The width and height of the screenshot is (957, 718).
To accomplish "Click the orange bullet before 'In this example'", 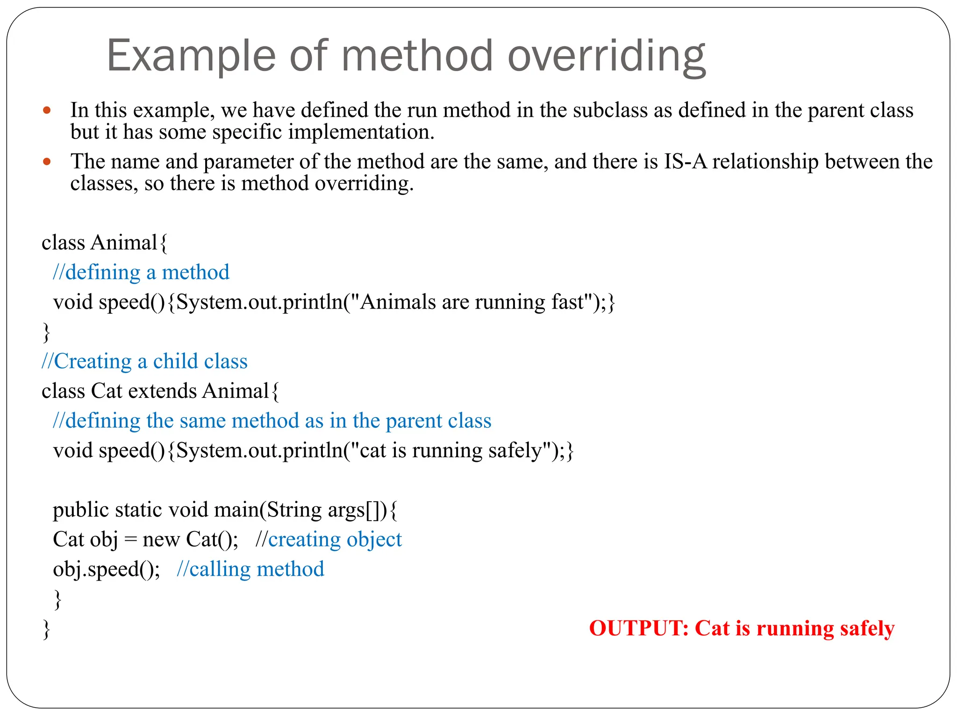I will (x=46, y=111).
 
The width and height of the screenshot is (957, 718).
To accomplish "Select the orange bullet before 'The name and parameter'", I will (x=46, y=162).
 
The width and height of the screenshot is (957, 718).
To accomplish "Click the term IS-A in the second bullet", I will (x=686, y=162).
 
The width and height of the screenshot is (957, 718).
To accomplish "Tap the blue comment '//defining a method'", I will (x=141, y=273).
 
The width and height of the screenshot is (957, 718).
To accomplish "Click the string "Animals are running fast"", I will (x=471, y=302).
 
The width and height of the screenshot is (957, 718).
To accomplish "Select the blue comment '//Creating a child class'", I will (x=144, y=361).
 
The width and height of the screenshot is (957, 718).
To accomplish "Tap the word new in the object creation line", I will (x=161, y=539).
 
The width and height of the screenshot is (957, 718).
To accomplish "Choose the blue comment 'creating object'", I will (x=335, y=539).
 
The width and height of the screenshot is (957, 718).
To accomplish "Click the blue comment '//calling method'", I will (x=250, y=569).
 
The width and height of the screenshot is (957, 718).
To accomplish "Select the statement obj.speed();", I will (x=106, y=569).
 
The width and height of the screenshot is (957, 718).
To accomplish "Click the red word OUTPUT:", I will (x=638, y=628).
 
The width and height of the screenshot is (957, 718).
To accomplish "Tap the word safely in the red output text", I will (x=867, y=628).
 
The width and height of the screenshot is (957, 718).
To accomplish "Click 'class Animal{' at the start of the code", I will (x=104, y=243).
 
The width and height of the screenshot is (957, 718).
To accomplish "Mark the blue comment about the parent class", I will (x=272, y=421).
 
